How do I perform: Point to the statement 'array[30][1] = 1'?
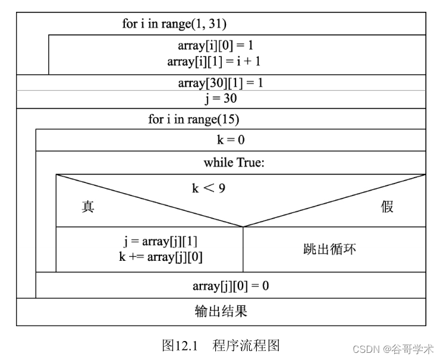click(x=221, y=83)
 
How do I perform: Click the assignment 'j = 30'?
click(x=221, y=99)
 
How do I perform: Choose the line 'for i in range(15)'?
click(x=194, y=119)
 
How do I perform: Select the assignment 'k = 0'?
click(x=231, y=140)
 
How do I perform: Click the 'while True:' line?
click(x=234, y=162)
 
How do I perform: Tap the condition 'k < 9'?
click(x=209, y=188)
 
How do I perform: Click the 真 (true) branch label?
click(x=88, y=207)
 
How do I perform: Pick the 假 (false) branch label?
click(x=387, y=207)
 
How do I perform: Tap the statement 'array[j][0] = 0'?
click(x=231, y=286)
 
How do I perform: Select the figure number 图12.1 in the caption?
click(x=180, y=346)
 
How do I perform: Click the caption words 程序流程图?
click(x=246, y=346)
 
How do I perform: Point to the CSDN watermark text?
click(x=393, y=349)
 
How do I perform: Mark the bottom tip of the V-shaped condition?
click(x=243, y=226)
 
